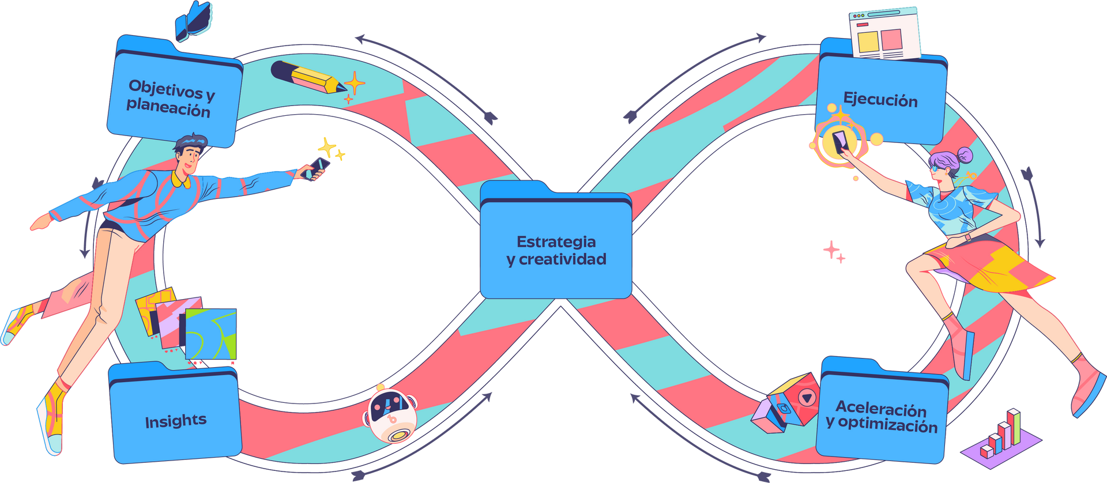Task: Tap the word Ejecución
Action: [x=880, y=100]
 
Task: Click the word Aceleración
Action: [x=880, y=409]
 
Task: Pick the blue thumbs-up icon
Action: [x=195, y=21]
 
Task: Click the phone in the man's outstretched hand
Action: [x=317, y=168]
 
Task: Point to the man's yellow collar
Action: [x=180, y=180]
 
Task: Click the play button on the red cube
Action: [x=807, y=397]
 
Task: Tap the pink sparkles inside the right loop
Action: [x=834, y=251]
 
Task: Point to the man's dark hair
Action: [x=192, y=142]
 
